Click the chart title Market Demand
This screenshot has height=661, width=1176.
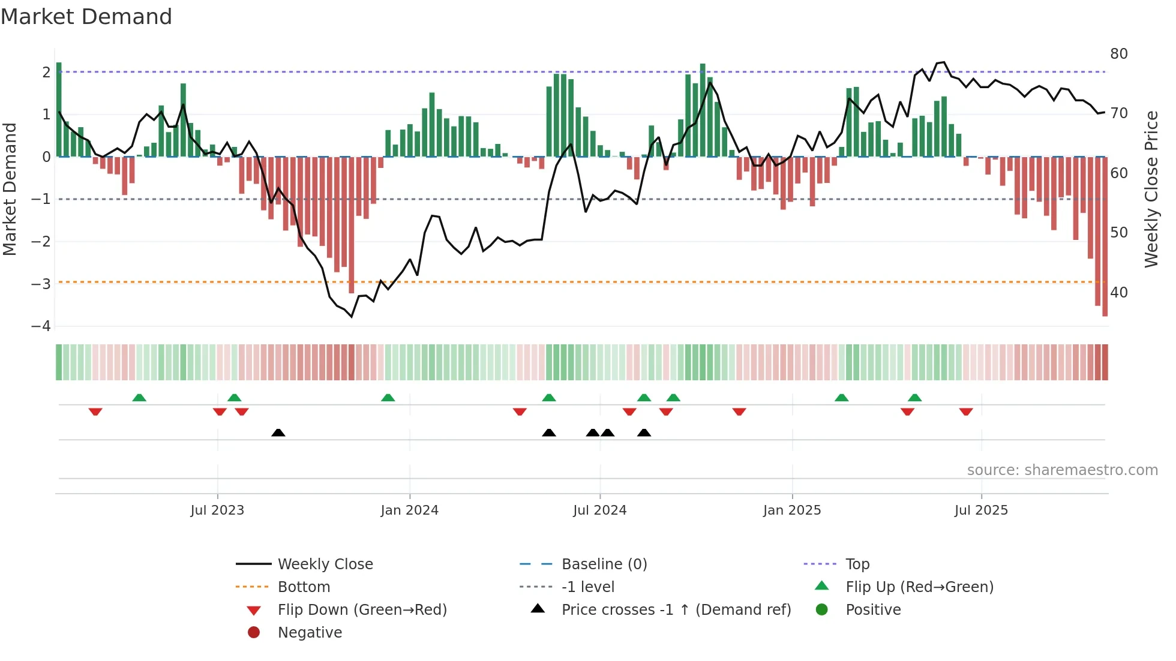click(86, 17)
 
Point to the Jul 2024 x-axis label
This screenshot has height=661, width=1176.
click(599, 510)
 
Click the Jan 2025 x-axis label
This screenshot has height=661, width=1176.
click(792, 510)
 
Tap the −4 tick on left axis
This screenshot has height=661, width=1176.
click(41, 326)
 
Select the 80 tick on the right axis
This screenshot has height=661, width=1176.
click(1118, 54)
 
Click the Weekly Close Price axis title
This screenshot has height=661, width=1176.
click(1151, 189)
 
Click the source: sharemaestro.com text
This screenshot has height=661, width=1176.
click(1062, 470)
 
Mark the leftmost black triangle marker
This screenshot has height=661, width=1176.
click(278, 432)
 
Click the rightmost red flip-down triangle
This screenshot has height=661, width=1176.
click(966, 411)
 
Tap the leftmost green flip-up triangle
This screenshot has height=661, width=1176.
click(139, 398)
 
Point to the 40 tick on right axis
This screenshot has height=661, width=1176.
click(1118, 293)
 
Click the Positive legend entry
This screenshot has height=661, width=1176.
click(872, 609)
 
